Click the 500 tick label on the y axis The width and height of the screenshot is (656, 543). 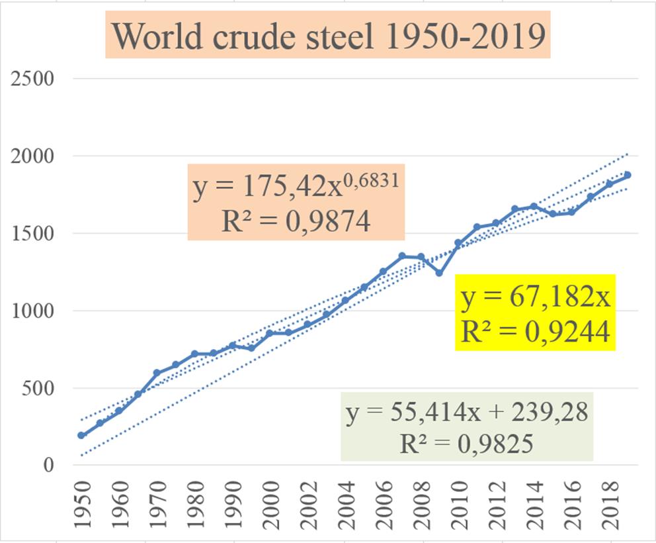pyautogui.click(x=39, y=389)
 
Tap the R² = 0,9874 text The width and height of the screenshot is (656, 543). pyautogui.click(x=296, y=222)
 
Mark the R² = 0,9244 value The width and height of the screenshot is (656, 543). pyautogui.click(x=535, y=331)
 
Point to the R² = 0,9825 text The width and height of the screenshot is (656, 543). pyautogui.click(x=467, y=442)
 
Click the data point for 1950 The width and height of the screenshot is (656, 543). pyautogui.click(x=81, y=436)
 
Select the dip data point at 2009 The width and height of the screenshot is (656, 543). pyautogui.click(x=439, y=273)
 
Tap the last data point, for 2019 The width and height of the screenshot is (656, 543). pyautogui.click(x=627, y=175)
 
